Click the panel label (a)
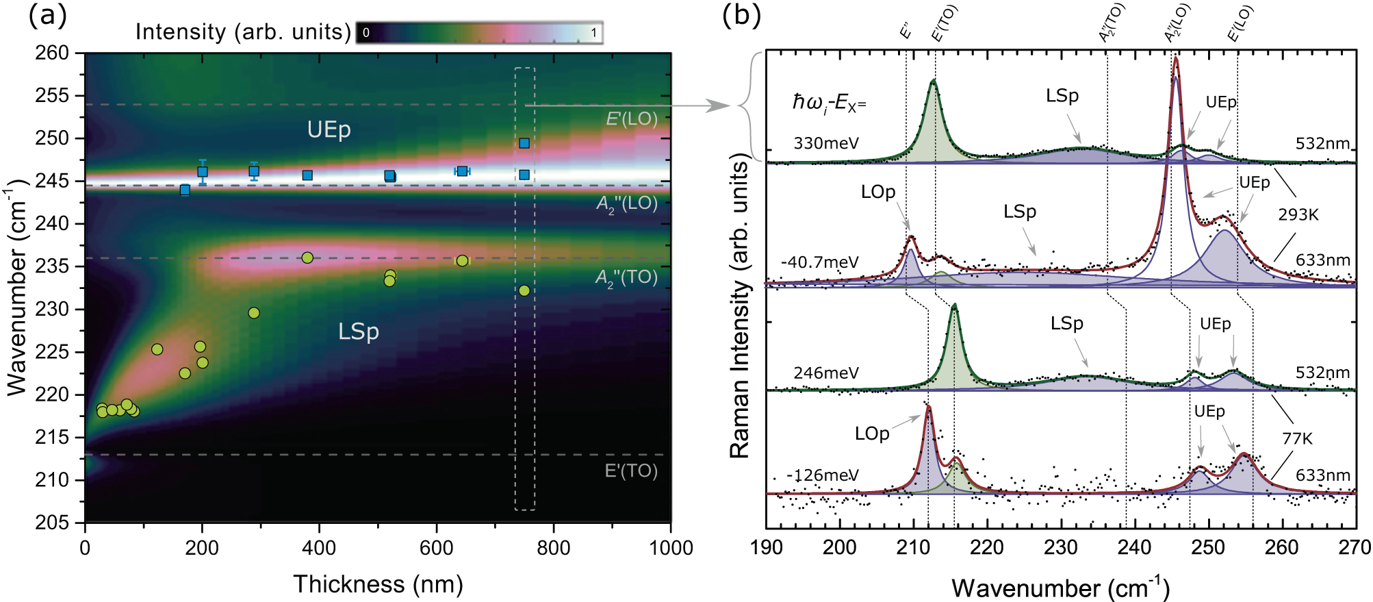(47, 15)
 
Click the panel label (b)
(741, 15)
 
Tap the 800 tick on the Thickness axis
(553, 548)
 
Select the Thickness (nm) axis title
(378, 584)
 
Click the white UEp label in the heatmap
(329, 129)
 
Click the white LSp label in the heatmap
(358, 331)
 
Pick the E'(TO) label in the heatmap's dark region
(630, 471)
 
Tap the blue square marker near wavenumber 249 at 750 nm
(524, 143)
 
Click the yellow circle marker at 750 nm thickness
(524, 290)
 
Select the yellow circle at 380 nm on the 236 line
(307, 258)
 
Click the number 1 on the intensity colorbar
(593, 32)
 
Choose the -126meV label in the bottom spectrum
(822, 475)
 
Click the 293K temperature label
(1298, 215)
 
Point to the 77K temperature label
(1296, 438)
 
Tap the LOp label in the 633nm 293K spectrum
(877, 192)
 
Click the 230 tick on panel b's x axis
(1061, 548)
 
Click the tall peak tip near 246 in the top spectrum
(1176, 59)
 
